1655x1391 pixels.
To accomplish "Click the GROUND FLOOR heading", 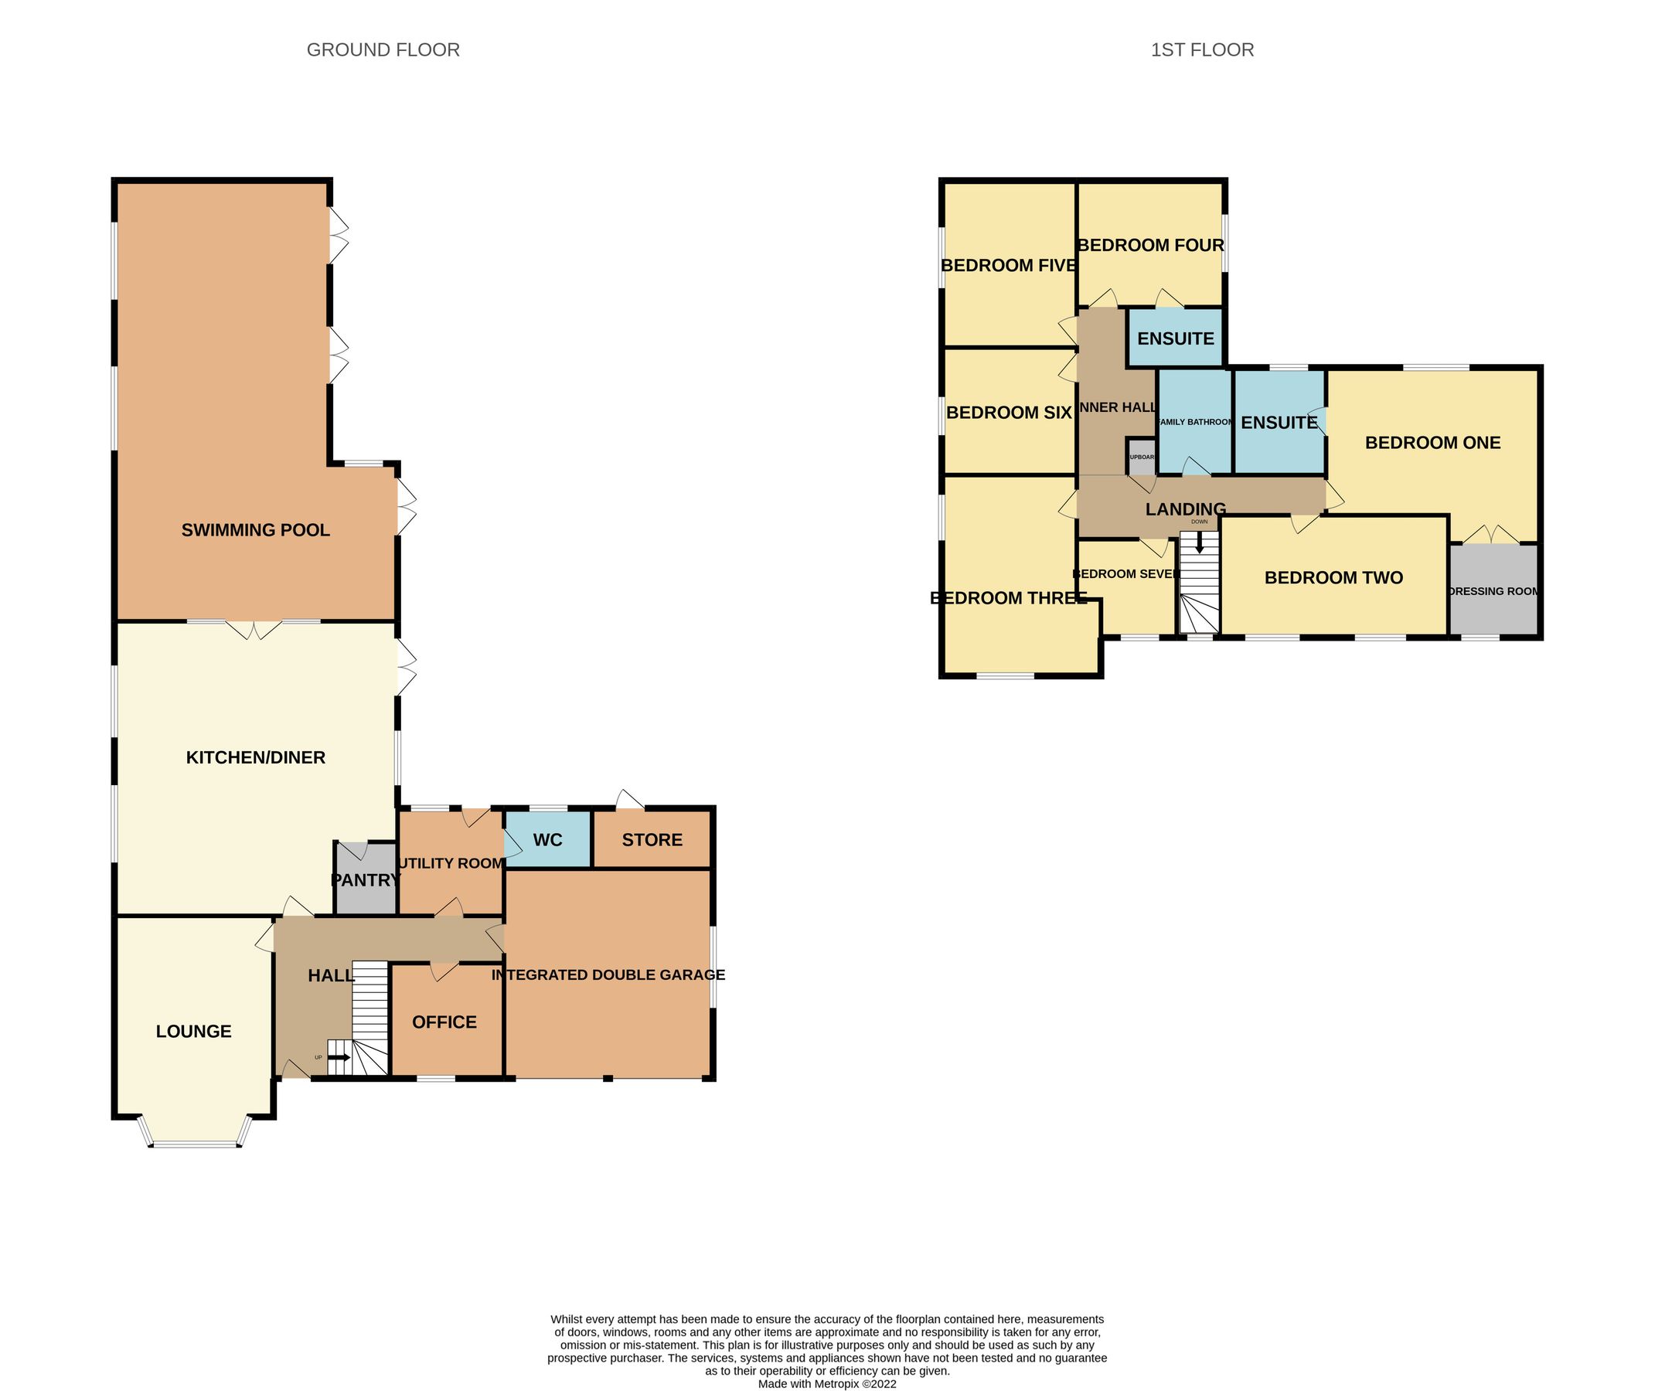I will coord(383,49).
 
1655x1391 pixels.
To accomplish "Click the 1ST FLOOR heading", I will coord(1201,49).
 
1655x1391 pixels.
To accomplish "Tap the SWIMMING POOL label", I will coord(256,530).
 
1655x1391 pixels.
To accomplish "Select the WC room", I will coord(547,840).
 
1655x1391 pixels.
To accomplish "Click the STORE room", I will coord(652,840).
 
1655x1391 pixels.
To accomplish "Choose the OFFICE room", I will coord(445,1022).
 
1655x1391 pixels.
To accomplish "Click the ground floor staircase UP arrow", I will coord(340,1057).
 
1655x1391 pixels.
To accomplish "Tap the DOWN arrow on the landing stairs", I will coord(1200,541).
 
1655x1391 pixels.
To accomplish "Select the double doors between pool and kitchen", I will coord(254,629).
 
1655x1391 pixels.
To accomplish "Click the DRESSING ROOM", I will coord(1493,590).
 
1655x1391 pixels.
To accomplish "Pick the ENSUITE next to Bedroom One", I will coord(1279,423).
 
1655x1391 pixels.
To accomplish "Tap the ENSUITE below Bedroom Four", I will coord(1176,338).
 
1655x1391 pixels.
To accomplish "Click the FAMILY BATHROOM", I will coord(1195,422).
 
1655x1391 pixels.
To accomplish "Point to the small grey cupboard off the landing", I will coord(1142,457).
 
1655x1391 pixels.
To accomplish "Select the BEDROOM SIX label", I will coord(1008,413).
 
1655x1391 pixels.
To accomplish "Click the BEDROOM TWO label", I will coord(1333,577).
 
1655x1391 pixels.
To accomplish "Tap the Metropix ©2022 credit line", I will coord(826,1383).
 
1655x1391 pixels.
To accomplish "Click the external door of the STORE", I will coord(629,800).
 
